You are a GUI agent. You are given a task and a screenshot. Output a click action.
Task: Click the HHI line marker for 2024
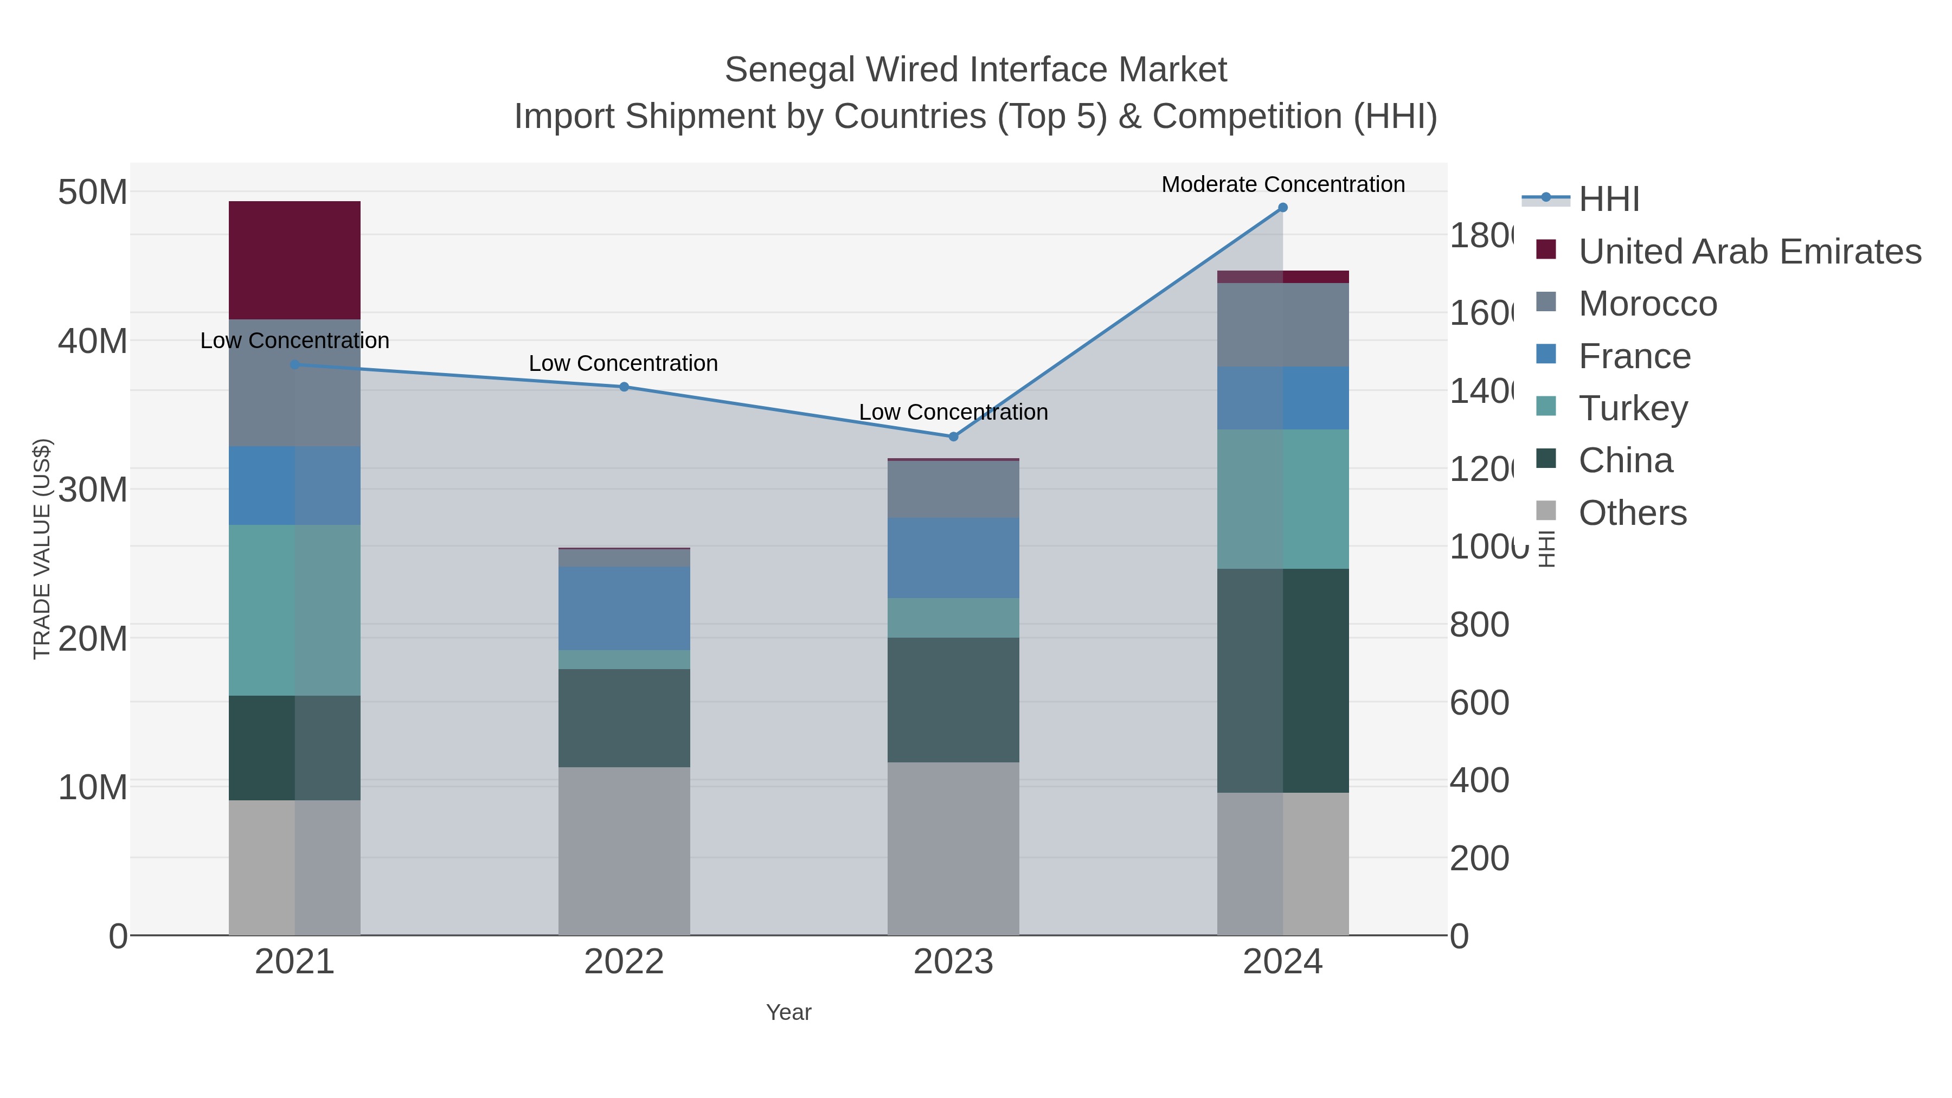[x=1282, y=208]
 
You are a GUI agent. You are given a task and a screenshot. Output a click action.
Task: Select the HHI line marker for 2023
[x=953, y=436]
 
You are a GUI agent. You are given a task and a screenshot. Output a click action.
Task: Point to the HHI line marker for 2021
[x=295, y=364]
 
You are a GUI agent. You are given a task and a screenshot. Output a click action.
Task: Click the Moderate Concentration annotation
[x=1282, y=184]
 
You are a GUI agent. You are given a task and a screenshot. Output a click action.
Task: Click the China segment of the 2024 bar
[x=1282, y=680]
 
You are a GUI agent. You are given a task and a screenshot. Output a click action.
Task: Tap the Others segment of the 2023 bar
[x=953, y=849]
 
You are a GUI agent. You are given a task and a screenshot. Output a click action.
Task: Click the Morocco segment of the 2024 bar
[x=1282, y=325]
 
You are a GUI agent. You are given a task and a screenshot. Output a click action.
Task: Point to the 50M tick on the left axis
[x=92, y=192]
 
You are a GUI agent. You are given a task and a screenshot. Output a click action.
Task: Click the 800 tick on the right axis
[x=1479, y=625]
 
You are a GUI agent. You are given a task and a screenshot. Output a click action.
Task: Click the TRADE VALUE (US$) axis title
[x=42, y=549]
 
